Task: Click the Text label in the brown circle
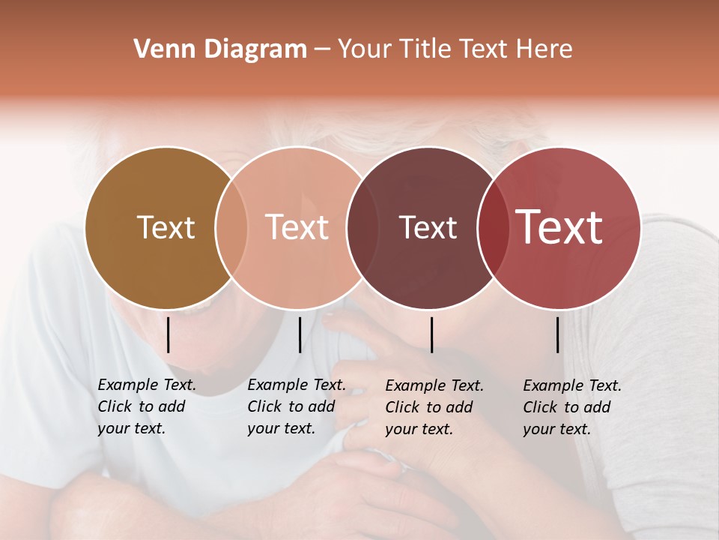[166, 227]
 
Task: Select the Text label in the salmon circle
[297, 227]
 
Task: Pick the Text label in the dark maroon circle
[428, 227]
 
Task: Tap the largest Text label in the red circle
[559, 227]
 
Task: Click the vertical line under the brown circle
[169, 334]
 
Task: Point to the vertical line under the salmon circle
[300, 334]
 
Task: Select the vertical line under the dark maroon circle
[432, 334]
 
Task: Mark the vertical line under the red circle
[558, 334]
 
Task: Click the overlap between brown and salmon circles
[231, 227]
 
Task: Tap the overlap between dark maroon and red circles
[491, 227]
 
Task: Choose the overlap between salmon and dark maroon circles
[361, 227]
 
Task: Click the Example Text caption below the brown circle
[146, 406]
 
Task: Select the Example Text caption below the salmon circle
[296, 406]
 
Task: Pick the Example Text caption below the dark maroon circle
[434, 407]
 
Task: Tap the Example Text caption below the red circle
[571, 407]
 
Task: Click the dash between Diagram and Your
[322, 49]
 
